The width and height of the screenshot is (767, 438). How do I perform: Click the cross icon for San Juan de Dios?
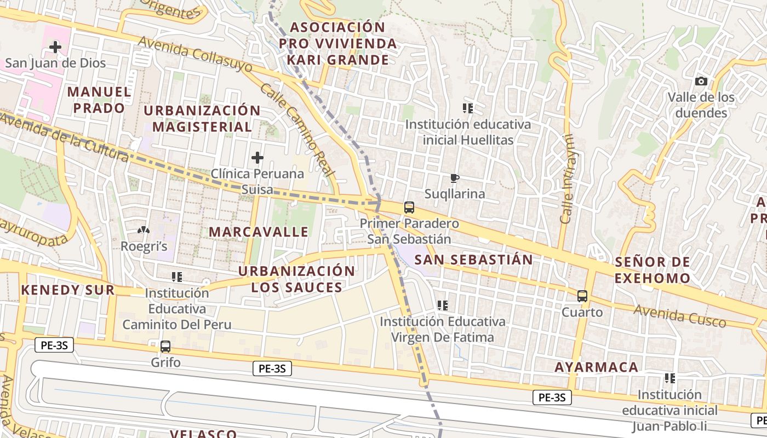click(x=55, y=47)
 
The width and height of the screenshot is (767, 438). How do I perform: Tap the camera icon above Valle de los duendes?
click(x=701, y=82)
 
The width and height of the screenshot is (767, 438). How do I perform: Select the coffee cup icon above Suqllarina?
click(x=454, y=178)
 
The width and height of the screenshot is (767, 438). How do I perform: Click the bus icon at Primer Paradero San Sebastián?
click(x=409, y=208)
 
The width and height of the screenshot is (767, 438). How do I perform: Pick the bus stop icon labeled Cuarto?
click(x=582, y=296)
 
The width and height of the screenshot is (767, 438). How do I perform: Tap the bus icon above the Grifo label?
click(x=165, y=347)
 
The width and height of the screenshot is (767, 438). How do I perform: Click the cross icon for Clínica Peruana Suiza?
click(x=257, y=158)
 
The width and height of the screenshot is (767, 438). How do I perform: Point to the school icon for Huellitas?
click(x=467, y=108)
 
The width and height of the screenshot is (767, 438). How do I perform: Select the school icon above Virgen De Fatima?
click(x=443, y=306)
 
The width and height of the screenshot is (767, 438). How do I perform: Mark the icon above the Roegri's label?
click(x=144, y=231)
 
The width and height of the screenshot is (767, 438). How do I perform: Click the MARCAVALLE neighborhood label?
click(x=259, y=232)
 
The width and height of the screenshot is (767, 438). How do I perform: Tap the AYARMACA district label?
click(x=596, y=367)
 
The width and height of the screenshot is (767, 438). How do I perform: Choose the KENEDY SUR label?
click(x=68, y=290)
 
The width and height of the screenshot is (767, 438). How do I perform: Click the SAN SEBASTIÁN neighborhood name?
click(x=473, y=260)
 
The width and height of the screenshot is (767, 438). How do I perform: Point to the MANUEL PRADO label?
click(x=99, y=100)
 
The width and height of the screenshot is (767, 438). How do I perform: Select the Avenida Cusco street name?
click(x=679, y=316)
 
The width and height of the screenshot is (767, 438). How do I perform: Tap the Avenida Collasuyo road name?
click(x=195, y=55)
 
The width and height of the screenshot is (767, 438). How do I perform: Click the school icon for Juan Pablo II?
click(x=669, y=378)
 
